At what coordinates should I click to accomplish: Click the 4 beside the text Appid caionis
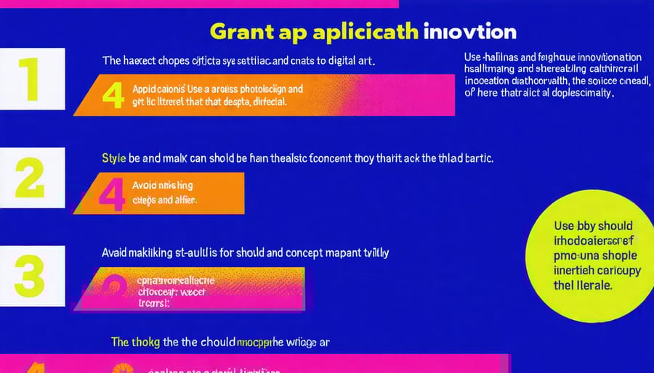click(113, 95)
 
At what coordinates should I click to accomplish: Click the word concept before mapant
click(307, 253)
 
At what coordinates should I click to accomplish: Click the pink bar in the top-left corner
click(199, 3)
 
